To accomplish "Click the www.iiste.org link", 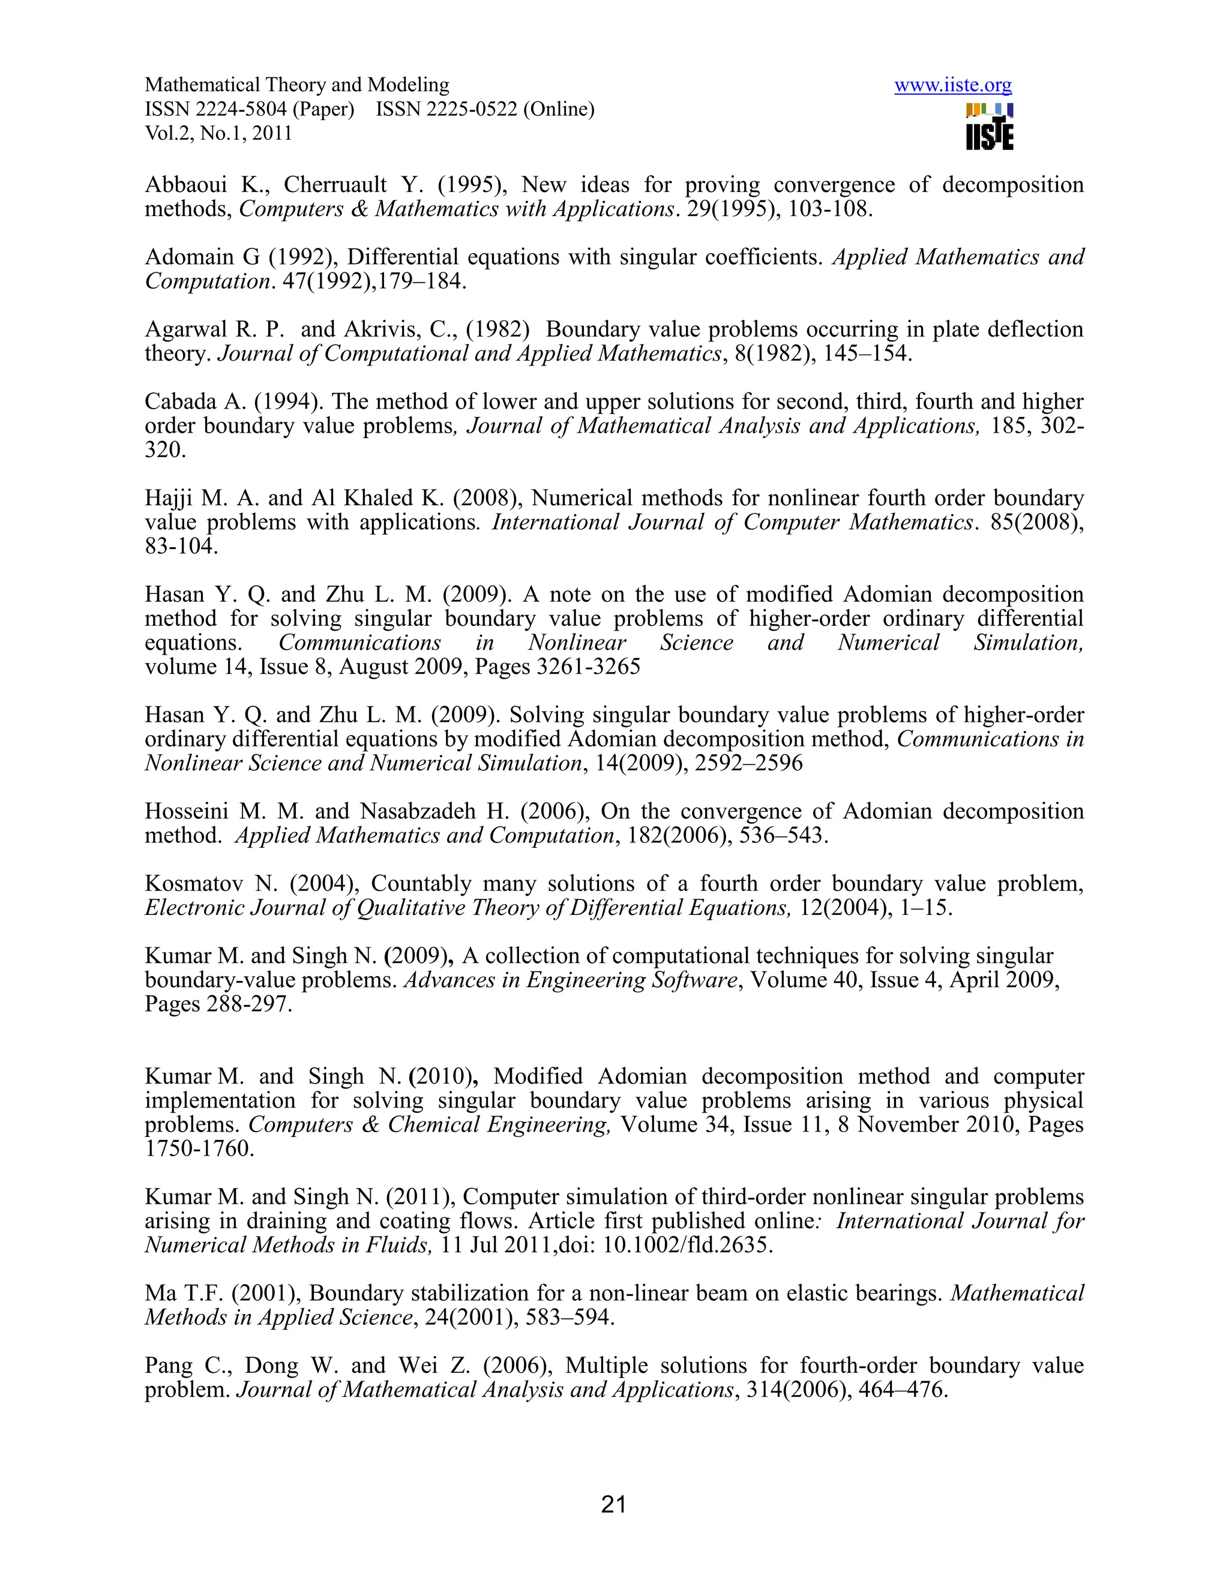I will click(x=952, y=86).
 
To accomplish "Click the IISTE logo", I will click(x=990, y=127).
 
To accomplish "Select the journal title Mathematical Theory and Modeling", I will click(x=297, y=85).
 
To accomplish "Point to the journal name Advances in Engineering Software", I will click(x=571, y=980).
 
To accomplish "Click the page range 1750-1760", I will click(x=199, y=1149).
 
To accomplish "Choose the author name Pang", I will click(x=166, y=1366).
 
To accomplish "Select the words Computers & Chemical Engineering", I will click(x=429, y=1125).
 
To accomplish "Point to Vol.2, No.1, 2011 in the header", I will click(x=218, y=133).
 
